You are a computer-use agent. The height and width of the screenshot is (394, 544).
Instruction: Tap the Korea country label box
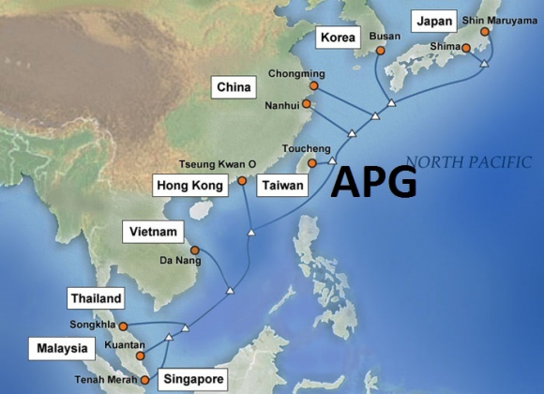(x=339, y=38)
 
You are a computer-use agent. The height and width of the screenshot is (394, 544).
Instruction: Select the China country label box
(x=232, y=88)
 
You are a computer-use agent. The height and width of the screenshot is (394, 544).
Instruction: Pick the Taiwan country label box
(x=282, y=185)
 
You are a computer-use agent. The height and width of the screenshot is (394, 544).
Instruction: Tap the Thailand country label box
(x=96, y=298)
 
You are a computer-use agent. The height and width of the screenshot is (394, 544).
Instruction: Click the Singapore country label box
(x=193, y=379)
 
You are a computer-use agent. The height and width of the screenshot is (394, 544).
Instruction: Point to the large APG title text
(x=373, y=180)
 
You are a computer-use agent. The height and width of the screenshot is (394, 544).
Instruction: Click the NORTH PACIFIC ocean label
(x=469, y=160)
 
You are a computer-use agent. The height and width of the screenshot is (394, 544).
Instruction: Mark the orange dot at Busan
(x=381, y=51)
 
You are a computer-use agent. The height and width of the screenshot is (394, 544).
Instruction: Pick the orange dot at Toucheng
(x=312, y=162)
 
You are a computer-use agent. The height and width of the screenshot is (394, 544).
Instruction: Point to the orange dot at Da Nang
(x=195, y=250)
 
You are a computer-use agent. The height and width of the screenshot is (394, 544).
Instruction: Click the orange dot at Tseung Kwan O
(x=242, y=180)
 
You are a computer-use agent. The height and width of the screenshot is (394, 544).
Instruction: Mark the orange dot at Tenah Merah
(x=144, y=380)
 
